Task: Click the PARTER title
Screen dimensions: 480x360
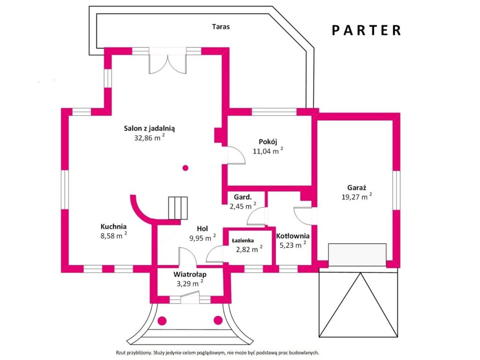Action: coord(366,30)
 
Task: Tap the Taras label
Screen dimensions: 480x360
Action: coord(221,27)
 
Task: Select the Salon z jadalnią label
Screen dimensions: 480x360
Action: coord(149,128)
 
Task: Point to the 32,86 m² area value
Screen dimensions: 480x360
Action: coord(150,137)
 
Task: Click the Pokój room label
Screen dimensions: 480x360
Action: coord(268,142)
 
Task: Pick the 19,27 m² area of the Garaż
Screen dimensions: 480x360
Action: coord(357,196)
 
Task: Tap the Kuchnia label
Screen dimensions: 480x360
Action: coord(113,226)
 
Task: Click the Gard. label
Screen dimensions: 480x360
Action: coord(243,197)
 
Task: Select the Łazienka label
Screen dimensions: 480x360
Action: coord(243,240)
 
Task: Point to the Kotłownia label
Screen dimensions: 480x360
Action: coord(292,236)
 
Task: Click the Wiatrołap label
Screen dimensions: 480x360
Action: coord(190,274)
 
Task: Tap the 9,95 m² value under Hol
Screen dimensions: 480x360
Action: coord(202,238)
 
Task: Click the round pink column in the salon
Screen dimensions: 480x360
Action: coord(185,168)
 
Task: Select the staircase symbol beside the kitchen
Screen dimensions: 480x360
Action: coord(178,208)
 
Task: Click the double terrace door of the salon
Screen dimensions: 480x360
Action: coord(167,60)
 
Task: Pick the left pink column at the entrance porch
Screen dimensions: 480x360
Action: coord(162,321)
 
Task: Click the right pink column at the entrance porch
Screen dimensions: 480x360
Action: coord(218,321)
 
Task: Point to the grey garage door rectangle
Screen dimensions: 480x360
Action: coord(357,255)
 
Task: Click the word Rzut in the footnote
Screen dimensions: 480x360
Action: coord(120,353)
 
